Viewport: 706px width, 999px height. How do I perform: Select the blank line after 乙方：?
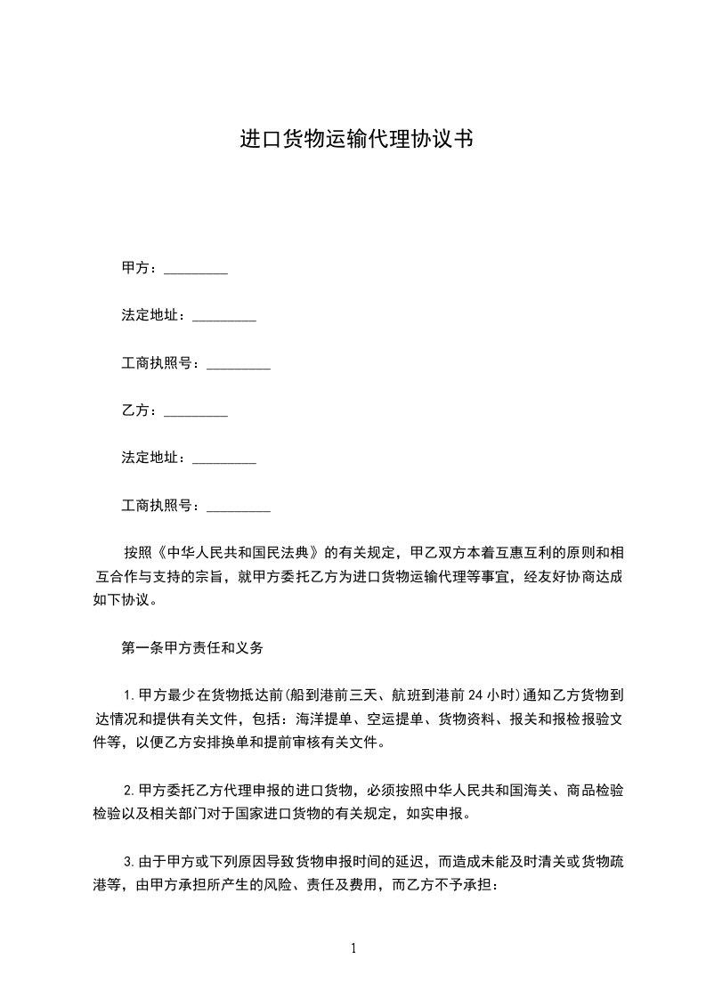(x=197, y=412)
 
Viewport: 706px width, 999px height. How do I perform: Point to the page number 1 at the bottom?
(x=353, y=948)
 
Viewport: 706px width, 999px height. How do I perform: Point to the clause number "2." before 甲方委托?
(x=130, y=791)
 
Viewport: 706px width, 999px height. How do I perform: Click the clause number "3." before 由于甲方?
(x=130, y=862)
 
